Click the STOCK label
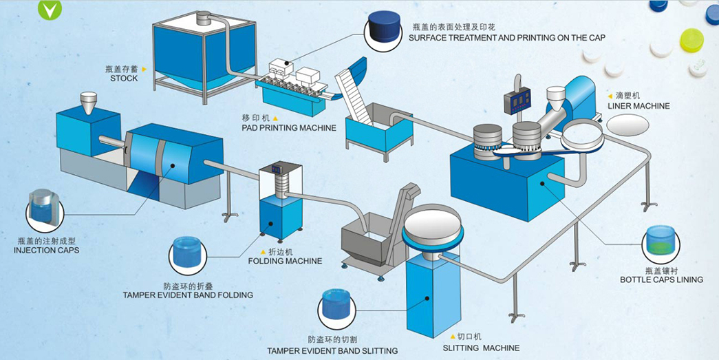coord(124,78)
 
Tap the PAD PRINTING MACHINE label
coord(289,128)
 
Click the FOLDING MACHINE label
coord(285,261)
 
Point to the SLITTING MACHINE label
coord(481,348)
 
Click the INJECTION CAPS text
coord(46,250)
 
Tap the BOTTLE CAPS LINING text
coord(661,279)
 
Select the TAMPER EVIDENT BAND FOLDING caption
coord(188,295)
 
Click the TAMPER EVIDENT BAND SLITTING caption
coord(332,351)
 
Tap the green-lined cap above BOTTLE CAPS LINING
coord(661,243)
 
